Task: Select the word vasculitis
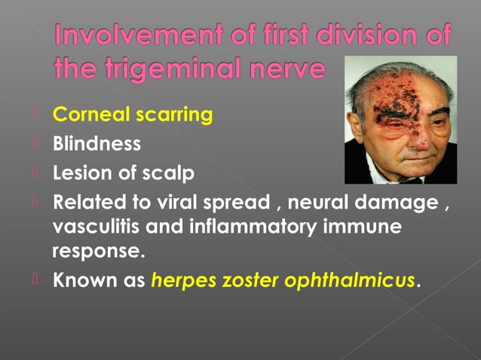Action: (90, 226)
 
